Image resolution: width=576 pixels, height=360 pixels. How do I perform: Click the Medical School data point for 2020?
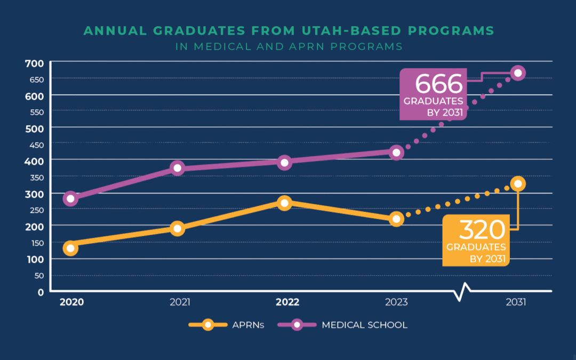(70, 198)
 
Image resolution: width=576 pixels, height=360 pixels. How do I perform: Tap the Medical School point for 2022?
(284, 162)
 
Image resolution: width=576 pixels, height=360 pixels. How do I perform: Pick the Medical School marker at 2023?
(396, 153)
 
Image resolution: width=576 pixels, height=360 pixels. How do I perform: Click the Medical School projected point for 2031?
(517, 73)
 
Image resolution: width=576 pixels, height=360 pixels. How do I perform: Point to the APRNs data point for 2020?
(70, 248)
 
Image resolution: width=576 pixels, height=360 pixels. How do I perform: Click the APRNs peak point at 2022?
(284, 203)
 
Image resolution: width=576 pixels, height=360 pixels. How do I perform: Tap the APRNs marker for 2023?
(396, 219)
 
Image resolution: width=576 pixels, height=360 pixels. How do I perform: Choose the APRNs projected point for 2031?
(517, 184)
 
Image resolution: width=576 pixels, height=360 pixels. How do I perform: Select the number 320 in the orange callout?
(482, 230)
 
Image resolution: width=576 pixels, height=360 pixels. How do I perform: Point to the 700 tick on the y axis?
(34, 63)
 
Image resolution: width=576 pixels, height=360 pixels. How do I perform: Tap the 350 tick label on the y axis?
(34, 177)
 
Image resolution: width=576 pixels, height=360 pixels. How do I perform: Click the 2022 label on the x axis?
(287, 302)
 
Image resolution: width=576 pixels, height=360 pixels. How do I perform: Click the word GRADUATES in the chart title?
(189, 31)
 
